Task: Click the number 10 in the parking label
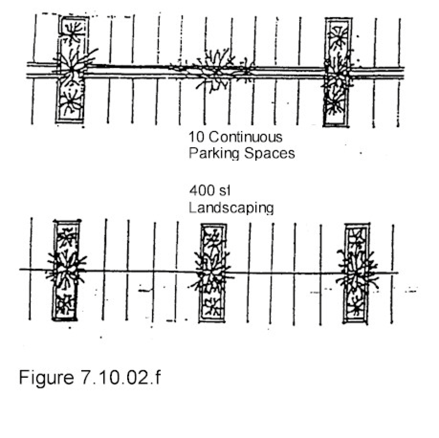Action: pos(196,137)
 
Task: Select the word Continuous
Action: pos(245,137)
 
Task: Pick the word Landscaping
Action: pos(231,208)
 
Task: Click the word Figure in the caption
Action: pos(46,377)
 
